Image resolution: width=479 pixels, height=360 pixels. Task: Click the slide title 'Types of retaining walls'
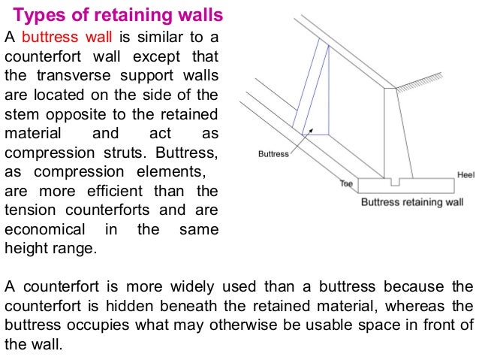(119, 15)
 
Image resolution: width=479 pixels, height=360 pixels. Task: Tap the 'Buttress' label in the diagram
(273, 154)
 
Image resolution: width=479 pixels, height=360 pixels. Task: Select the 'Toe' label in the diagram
(346, 183)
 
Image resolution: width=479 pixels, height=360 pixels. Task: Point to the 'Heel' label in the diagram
(465, 175)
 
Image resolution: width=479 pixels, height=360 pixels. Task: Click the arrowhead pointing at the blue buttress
(304, 133)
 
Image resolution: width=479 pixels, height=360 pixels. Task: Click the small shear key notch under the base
(396, 182)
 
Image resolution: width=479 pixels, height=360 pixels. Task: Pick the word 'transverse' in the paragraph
(66, 76)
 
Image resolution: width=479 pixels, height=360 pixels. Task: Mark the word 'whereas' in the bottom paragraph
(416, 306)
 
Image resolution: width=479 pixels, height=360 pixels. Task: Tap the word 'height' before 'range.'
(25, 249)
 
